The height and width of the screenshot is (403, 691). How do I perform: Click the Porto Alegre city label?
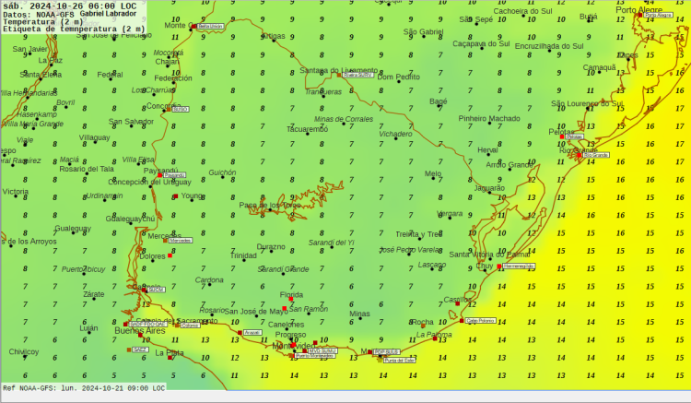638,10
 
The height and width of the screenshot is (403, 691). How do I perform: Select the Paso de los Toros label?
270,204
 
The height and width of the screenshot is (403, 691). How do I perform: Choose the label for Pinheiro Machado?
489,118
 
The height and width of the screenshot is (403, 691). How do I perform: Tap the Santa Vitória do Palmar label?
491,254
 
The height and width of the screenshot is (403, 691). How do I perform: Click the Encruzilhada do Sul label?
549,45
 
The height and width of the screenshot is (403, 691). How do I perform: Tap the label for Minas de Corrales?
344,119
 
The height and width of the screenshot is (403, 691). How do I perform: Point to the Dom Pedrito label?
399,77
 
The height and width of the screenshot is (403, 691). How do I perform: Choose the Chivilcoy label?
24,351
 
